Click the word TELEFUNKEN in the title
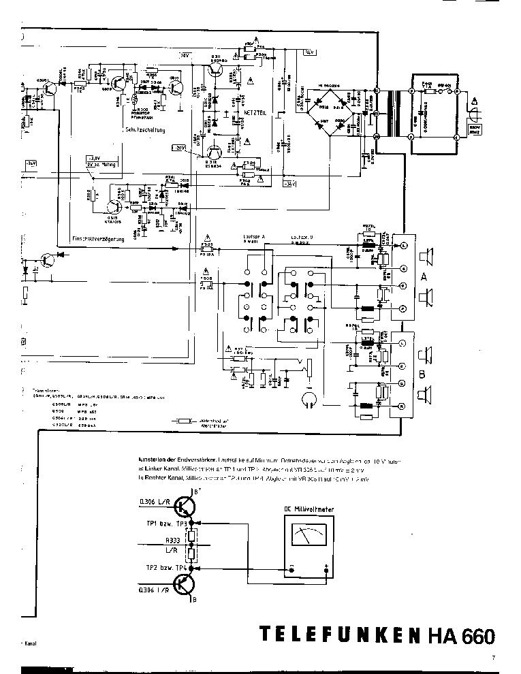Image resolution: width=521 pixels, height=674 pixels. (339, 635)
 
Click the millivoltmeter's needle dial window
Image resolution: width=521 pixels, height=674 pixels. (307, 534)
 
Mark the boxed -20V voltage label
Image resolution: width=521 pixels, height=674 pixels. (178, 147)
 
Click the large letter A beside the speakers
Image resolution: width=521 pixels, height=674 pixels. (424, 277)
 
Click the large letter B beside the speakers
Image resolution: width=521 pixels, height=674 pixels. (424, 373)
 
